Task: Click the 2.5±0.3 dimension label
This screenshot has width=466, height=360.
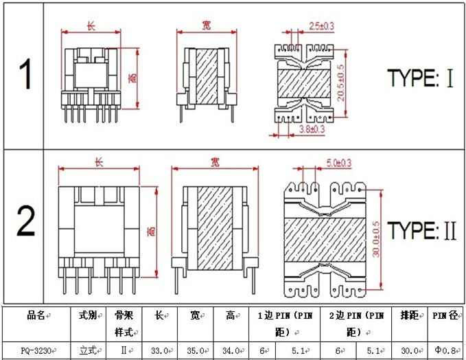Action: pyautogui.click(x=321, y=26)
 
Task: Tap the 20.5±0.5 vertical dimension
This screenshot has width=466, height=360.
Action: pyautogui.click(x=340, y=83)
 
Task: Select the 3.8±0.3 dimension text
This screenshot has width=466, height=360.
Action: pyautogui.click(x=312, y=129)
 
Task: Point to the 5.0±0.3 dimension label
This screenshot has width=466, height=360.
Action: pyautogui.click(x=339, y=163)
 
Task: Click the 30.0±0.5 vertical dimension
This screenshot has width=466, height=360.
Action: pyautogui.click(x=376, y=239)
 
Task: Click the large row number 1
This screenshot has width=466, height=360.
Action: pyautogui.click(x=25, y=74)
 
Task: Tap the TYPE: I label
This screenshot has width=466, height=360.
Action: pyautogui.click(x=421, y=78)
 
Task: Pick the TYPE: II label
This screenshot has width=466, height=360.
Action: pyautogui.click(x=422, y=230)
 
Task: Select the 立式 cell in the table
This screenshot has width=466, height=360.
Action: pyautogui.click(x=89, y=350)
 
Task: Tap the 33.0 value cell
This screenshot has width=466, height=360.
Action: pyautogui.click(x=160, y=351)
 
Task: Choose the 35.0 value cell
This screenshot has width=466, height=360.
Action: pyautogui.click(x=196, y=351)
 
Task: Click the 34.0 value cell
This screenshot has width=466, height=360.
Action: pyautogui.click(x=231, y=351)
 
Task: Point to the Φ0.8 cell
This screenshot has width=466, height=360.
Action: pyautogui.click(x=445, y=350)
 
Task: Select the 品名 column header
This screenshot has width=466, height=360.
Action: pyautogui.click(x=36, y=315)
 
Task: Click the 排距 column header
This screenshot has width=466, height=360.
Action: pyautogui.click(x=409, y=315)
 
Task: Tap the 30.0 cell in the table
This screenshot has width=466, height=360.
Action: pyautogui.click(x=410, y=351)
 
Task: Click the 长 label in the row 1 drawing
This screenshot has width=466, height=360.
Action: pyautogui.click(x=91, y=26)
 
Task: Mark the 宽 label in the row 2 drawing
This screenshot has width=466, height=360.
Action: pyautogui.click(x=215, y=162)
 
